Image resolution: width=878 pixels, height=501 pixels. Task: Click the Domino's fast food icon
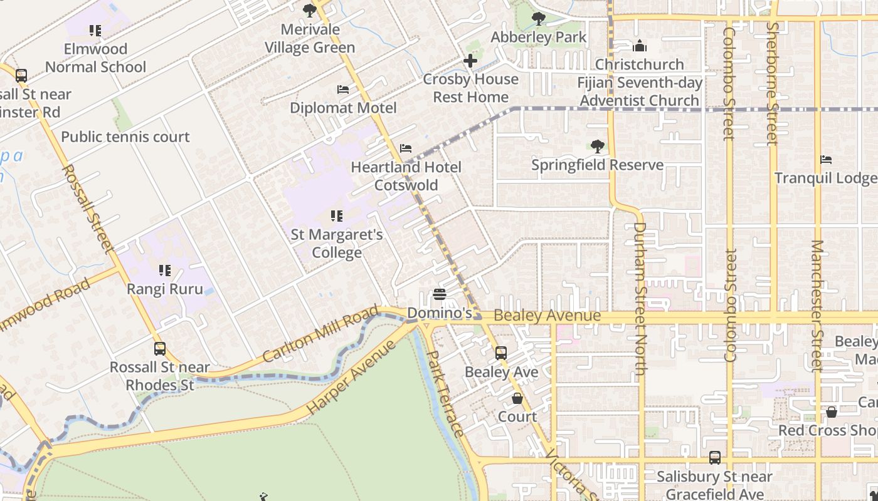pyautogui.click(x=440, y=294)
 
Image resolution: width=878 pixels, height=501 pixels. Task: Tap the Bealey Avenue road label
pyautogui.click(x=547, y=316)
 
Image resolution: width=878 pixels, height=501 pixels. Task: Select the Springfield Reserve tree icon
pyautogui.click(x=597, y=147)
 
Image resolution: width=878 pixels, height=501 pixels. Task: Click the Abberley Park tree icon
pyautogui.click(x=538, y=19)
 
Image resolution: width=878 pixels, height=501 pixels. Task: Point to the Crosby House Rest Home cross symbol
pyautogui.click(x=470, y=61)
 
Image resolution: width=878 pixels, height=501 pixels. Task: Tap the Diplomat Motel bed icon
pyautogui.click(x=343, y=90)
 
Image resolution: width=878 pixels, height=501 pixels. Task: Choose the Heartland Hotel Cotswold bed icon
pyautogui.click(x=406, y=148)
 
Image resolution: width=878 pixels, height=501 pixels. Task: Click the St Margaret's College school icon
pyautogui.click(x=337, y=216)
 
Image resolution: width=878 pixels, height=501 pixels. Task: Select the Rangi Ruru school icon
pyautogui.click(x=165, y=271)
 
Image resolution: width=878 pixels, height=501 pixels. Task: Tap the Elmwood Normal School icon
pyautogui.click(x=95, y=31)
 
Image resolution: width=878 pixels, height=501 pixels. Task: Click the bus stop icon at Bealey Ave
pyautogui.click(x=501, y=353)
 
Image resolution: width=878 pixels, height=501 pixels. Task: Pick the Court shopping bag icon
pyautogui.click(x=517, y=398)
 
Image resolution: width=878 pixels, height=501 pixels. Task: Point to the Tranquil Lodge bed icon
pyautogui.click(x=826, y=160)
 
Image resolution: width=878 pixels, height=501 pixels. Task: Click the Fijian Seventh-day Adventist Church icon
pyautogui.click(x=639, y=46)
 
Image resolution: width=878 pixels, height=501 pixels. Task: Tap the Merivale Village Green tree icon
pyautogui.click(x=309, y=11)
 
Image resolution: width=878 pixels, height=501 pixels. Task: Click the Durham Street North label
pyautogui.click(x=639, y=299)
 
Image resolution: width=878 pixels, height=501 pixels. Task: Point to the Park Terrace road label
pyautogui.click(x=445, y=393)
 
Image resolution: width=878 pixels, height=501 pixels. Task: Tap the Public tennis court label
pyautogui.click(x=125, y=137)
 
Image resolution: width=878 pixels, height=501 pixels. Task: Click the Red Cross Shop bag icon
pyautogui.click(x=831, y=412)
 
